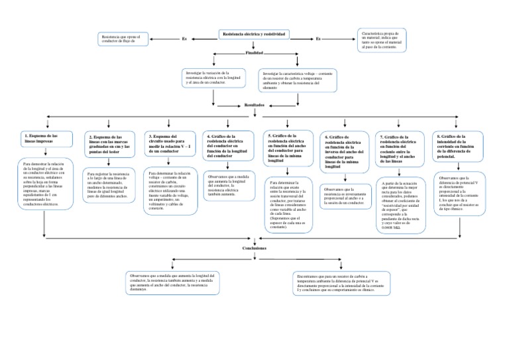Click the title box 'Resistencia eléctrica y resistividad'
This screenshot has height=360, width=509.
[x=254, y=34]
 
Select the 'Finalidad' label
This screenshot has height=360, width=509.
[x=254, y=52]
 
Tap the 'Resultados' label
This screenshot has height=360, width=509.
[x=254, y=104]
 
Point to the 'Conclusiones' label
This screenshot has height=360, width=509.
[x=254, y=247]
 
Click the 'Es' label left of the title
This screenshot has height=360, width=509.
[x=184, y=39]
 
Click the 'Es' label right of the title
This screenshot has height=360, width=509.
[x=317, y=39]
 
